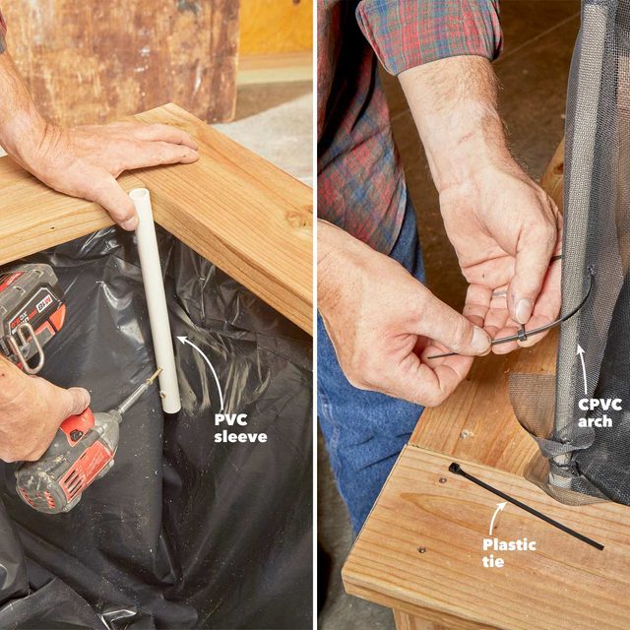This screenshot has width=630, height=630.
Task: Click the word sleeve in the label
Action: pyautogui.click(x=240, y=437)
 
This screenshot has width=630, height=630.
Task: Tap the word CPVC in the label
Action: pyautogui.click(x=599, y=405)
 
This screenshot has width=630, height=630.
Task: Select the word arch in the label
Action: pyautogui.click(x=595, y=421)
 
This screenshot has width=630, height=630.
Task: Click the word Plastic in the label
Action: pyautogui.click(x=509, y=544)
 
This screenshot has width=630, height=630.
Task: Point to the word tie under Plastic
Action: pyautogui.click(x=493, y=561)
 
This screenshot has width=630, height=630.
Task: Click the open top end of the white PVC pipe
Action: pyautogui.click(x=139, y=195)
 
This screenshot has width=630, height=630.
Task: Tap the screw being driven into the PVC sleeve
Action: pyautogui.click(x=155, y=376)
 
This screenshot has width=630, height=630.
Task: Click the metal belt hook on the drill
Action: pyautogui.click(x=25, y=347)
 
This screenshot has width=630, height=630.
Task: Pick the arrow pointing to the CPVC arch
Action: pyautogui.click(x=583, y=369)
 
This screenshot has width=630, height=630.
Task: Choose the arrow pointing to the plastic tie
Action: pyautogui.click(x=495, y=517)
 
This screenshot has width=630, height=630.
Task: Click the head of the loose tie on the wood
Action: pyautogui.click(x=454, y=468)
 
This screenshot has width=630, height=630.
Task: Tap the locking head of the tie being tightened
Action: pyautogui.click(x=522, y=334)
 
